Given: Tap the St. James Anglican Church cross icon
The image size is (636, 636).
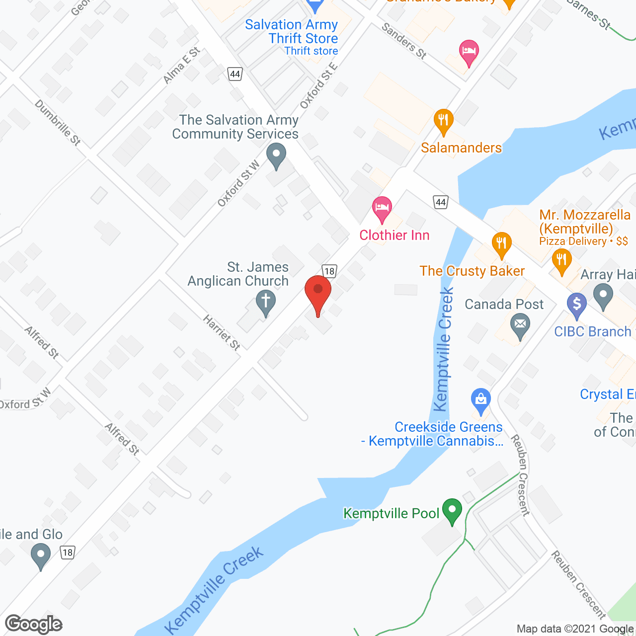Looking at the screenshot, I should coord(266,302).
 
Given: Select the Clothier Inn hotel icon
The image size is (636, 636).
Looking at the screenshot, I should coord(382,208).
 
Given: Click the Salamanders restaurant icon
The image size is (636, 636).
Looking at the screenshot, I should coord(443,120).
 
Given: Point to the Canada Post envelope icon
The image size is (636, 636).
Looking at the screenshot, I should coord(520,325).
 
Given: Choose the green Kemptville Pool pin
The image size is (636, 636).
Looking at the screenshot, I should coord(452,510).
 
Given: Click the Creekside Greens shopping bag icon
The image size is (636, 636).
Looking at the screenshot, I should coord(480,399).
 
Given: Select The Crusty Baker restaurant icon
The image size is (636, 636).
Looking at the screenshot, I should coord(501,243).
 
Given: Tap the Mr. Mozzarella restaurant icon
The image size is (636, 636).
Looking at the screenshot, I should coord(561,260).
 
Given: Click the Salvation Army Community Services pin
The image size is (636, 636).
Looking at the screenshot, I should coord(276,155).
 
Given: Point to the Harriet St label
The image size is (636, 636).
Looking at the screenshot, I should coord(222,332).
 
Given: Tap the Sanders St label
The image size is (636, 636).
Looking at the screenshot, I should coord(404,41).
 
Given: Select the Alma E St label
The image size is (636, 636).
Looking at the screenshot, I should coord(182,65).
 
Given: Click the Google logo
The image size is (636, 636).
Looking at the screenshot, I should coord(34,624).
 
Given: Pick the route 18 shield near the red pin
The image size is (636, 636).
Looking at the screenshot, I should coord(329,271).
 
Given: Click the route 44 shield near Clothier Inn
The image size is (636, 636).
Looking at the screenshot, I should coord(441,202).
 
